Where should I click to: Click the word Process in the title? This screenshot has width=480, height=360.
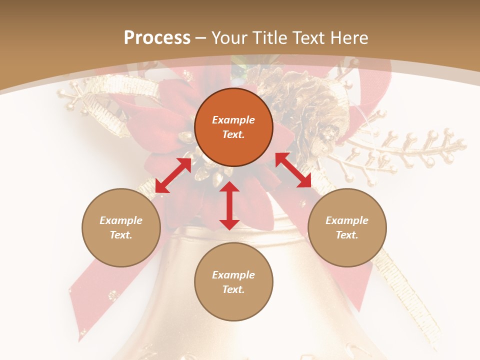pyautogui.click(x=157, y=38)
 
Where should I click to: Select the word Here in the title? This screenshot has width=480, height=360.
pyautogui.click(x=349, y=38)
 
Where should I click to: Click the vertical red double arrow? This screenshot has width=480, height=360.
pyautogui.click(x=229, y=205)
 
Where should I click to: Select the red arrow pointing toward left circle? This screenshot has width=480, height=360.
pyautogui.click(x=173, y=175)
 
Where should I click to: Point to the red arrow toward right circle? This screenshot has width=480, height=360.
pyautogui.click(x=293, y=170)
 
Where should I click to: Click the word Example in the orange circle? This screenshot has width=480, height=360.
pyautogui.click(x=233, y=120)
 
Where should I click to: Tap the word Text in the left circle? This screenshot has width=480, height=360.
pyautogui.click(x=121, y=235)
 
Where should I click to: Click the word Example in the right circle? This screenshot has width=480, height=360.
pyautogui.click(x=347, y=220)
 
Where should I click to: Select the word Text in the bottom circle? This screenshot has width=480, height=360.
pyautogui.click(x=233, y=289)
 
